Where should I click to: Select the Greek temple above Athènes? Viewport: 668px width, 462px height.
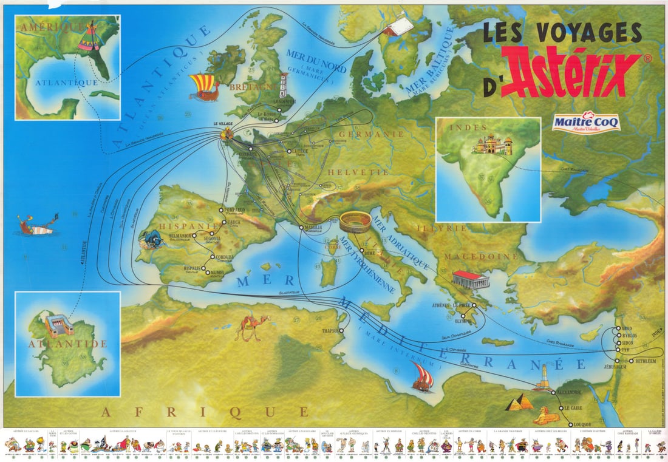[x=471, y=279]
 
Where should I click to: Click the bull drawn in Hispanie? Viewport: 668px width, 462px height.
[x=152, y=239]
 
